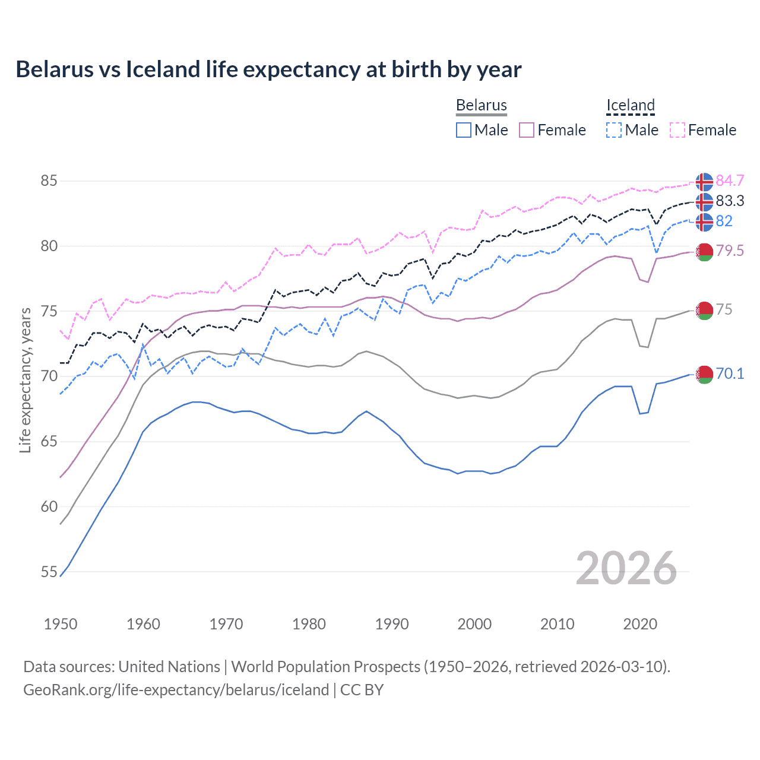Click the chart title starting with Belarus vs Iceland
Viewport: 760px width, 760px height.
pos(268,69)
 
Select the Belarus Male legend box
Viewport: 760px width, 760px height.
pos(464,130)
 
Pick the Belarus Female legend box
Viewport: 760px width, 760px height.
pos(527,130)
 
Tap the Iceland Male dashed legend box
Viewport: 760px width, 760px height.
pos(614,130)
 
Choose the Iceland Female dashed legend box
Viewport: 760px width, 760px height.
pos(677,130)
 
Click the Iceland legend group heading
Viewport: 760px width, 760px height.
pos(630,106)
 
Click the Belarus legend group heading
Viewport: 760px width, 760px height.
pos(481,106)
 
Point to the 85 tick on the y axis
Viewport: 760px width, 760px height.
pos(49,180)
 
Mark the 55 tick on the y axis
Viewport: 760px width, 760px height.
pos(49,572)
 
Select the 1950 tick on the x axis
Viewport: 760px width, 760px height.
pos(61,624)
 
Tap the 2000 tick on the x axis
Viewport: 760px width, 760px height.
pos(474,624)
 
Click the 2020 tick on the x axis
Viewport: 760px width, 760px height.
pos(640,624)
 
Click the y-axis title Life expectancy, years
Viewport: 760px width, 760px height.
pos(26,380)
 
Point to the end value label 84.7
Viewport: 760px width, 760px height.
pos(730,180)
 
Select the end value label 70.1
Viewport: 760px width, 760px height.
pos(730,373)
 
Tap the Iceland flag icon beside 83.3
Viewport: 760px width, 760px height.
pos(704,202)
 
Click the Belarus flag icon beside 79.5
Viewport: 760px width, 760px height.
pos(704,252)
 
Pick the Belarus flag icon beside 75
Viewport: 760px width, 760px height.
pos(704,311)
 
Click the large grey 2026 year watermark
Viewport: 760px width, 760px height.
pos(626,568)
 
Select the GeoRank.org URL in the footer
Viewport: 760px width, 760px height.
pos(176,690)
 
